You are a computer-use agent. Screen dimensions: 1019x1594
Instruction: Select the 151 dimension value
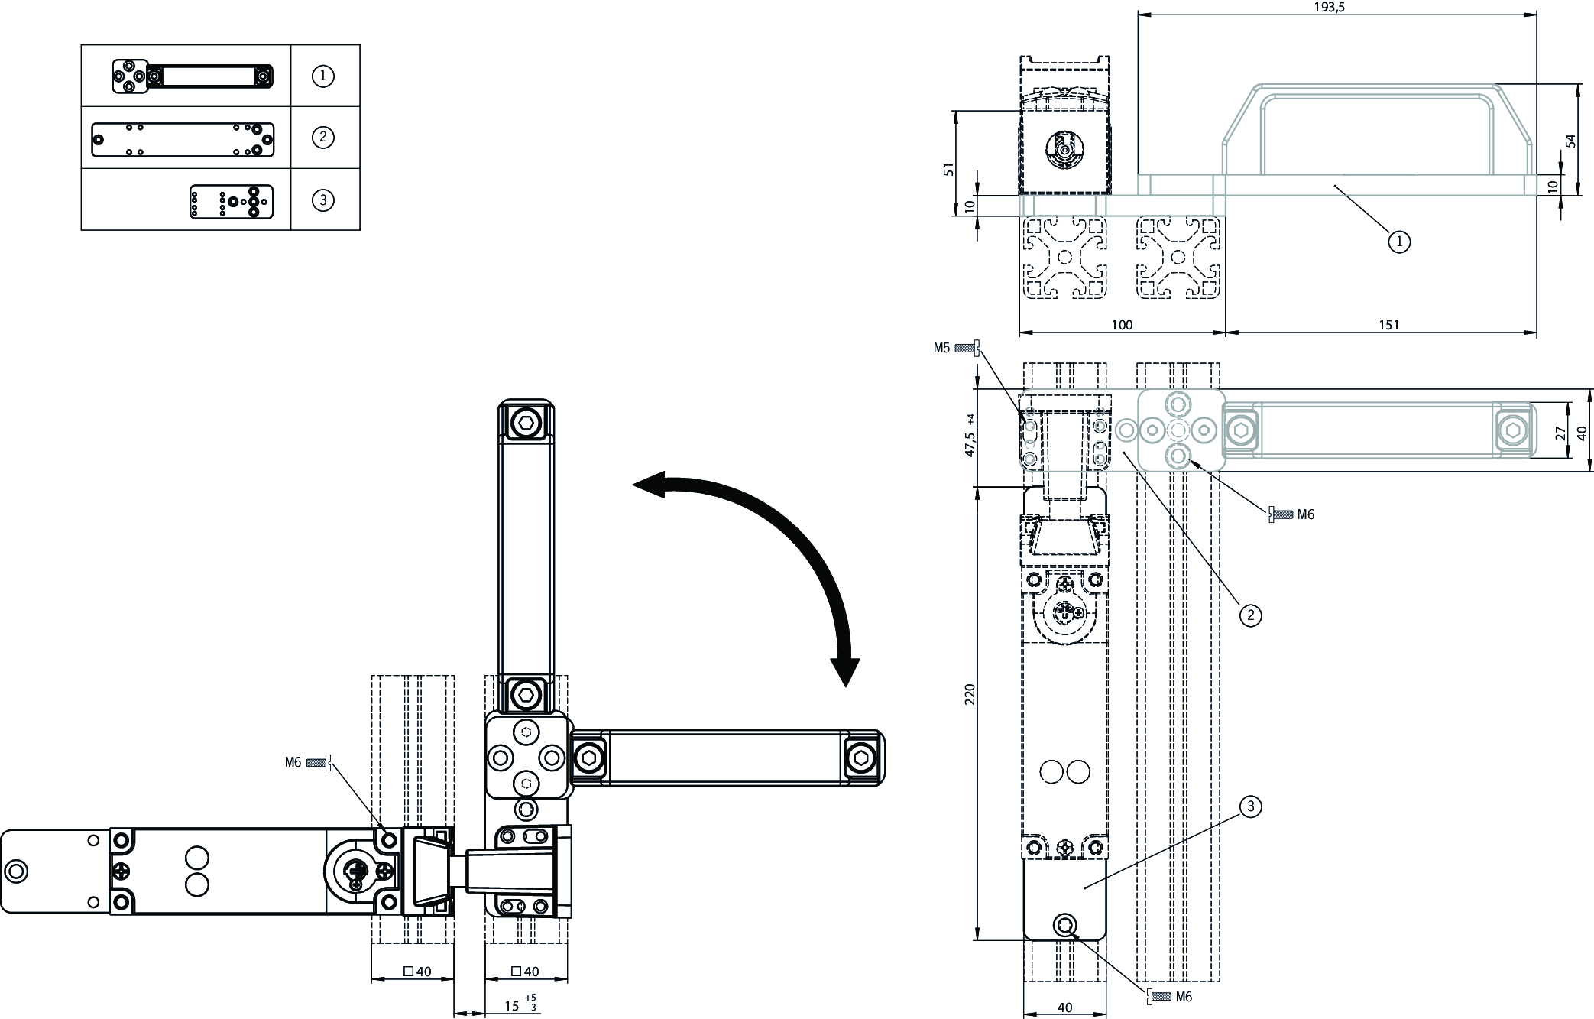[x=1388, y=325]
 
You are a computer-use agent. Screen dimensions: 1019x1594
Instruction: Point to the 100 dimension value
[x=1121, y=325]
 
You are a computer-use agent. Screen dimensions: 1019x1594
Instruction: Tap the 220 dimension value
[x=970, y=695]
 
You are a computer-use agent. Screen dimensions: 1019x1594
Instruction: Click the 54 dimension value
[x=1570, y=141]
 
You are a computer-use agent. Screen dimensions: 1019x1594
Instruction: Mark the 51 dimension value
[x=949, y=169]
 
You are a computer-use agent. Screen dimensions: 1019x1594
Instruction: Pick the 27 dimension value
[x=1560, y=433]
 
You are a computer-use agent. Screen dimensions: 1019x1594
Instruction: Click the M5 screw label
[x=941, y=348]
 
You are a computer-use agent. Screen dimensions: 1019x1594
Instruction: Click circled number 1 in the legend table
[x=323, y=76]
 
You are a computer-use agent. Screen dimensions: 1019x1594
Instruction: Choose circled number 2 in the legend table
[x=323, y=138]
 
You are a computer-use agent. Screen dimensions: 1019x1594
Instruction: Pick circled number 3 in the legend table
[x=323, y=200]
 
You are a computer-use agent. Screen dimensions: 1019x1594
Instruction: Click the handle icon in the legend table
[x=193, y=76]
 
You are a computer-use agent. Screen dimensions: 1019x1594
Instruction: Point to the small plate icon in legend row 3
[x=232, y=201]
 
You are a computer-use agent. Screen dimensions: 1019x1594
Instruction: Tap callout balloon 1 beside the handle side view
[x=1398, y=242]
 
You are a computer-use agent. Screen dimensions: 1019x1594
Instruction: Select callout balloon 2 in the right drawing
[x=1250, y=615]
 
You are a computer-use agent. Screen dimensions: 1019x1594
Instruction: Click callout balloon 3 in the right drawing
[x=1250, y=806]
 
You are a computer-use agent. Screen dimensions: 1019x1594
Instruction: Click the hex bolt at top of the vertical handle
[x=526, y=421]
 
